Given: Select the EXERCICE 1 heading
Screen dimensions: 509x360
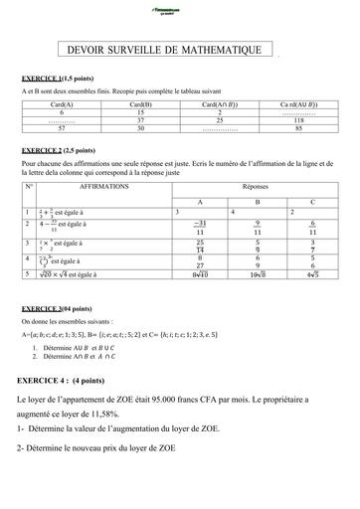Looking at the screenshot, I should pos(60,77).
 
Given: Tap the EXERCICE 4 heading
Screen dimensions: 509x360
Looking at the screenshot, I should pos(73,380).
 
